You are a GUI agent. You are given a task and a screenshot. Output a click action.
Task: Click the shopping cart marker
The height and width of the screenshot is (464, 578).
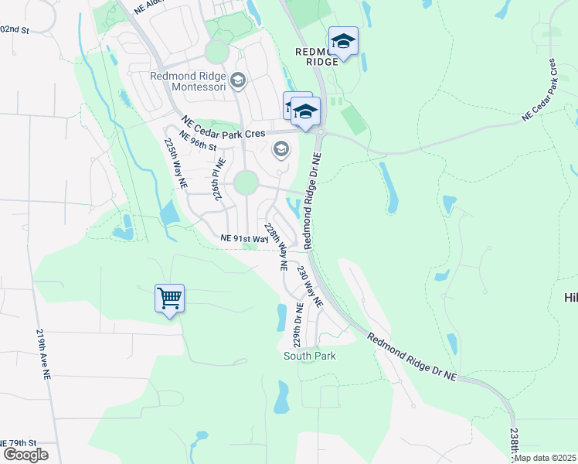[x=169, y=298]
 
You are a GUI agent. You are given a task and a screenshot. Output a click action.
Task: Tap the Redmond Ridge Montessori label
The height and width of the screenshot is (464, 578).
[x=189, y=80]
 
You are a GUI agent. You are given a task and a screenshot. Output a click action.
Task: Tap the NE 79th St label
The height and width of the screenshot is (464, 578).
[x=17, y=442]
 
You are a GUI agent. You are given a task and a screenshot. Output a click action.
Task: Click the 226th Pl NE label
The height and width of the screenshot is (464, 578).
[x=218, y=180]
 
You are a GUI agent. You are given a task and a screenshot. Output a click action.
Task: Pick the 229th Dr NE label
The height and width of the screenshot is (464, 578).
[x=297, y=326]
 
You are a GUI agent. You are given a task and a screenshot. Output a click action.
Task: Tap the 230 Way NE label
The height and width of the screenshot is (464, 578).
[x=309, y=286]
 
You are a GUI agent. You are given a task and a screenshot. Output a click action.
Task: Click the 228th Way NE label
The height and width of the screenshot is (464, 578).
[x=276, y=246]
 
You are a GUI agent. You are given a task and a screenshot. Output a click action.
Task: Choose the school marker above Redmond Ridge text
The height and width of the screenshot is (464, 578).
[x=343, y=42]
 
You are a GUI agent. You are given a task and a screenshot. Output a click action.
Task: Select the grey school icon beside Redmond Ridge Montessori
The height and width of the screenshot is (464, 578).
[x=238, y=80]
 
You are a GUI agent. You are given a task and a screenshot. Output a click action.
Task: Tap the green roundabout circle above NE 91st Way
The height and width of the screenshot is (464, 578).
[x=246, y=183]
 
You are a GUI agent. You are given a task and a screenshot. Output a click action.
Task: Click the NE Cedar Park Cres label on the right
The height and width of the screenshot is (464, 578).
[x=539, y=89]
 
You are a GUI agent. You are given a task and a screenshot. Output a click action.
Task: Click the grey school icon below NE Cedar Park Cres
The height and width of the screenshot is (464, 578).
[x=281, y=149]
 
